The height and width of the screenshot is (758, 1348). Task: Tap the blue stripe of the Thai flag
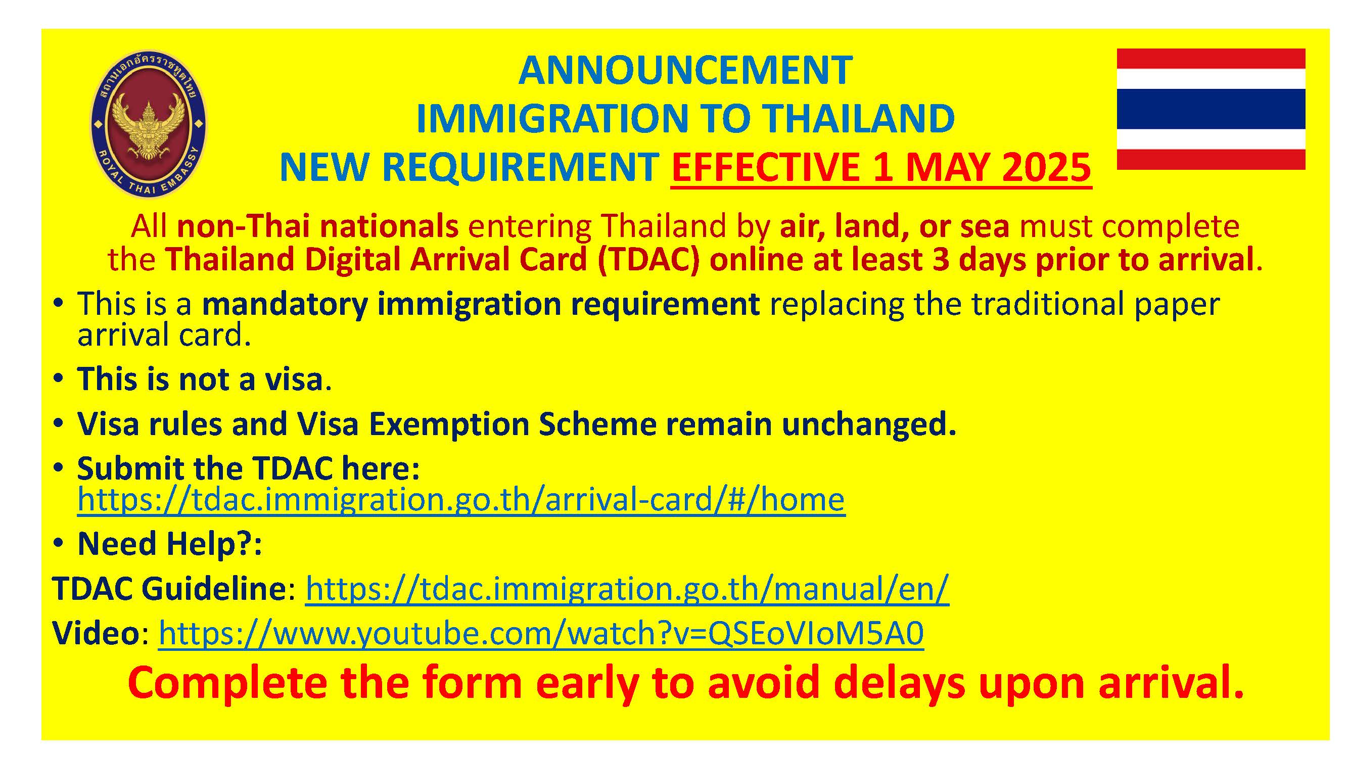1211,108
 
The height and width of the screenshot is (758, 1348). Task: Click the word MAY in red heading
948,167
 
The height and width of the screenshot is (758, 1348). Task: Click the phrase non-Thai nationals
317,226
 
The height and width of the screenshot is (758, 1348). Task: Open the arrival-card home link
461,499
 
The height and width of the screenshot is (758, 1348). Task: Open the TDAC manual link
627,589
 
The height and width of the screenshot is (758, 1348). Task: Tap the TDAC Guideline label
169,589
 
